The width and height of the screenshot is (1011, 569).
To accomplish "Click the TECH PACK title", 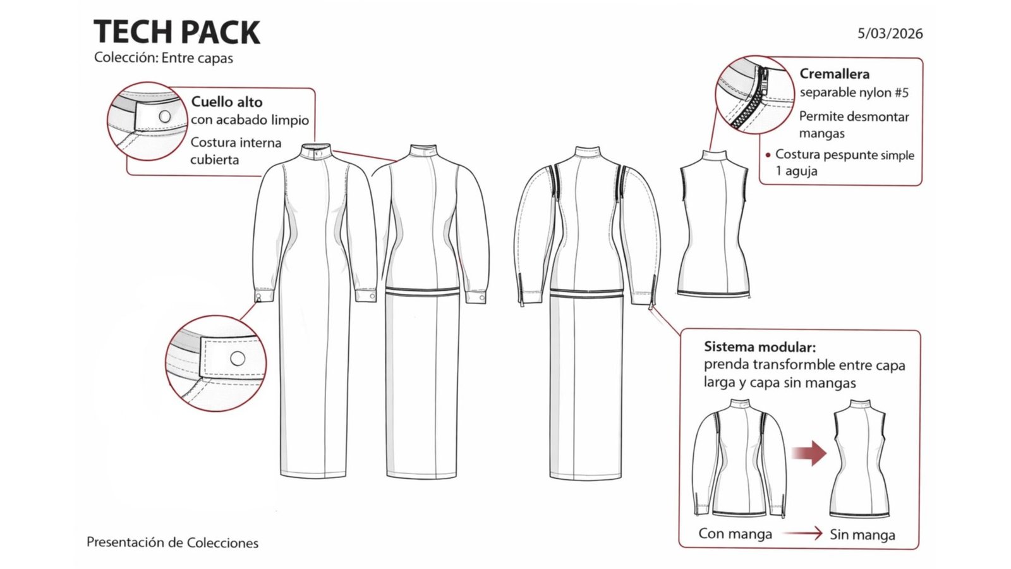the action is coord(176,32).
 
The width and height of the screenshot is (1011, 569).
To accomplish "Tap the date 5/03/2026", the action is coord(890,34).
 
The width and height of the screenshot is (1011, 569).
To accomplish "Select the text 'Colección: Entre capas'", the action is coord(164,58).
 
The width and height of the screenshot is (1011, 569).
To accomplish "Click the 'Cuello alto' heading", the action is coord(227,102).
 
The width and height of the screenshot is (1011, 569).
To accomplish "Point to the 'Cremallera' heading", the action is coord(835,73).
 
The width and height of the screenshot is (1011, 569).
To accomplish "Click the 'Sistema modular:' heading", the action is coord(760,347).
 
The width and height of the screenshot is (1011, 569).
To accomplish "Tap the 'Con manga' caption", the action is coord(736,534).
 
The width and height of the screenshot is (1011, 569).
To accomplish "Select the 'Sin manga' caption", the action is coord(863,535).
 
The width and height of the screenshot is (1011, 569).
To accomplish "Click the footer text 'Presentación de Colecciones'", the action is coord(173,542).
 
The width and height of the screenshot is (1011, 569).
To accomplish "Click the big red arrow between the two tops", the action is coord(809,453).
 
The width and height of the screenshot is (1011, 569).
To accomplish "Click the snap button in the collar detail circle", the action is coord(165,116).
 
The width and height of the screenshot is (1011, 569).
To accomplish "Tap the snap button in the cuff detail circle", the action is coord(238,358).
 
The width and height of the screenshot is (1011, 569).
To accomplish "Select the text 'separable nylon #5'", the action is coord(854,92).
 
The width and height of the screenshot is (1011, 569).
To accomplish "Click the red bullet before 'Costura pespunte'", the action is coord(768,156).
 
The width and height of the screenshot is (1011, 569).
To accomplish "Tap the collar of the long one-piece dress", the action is coord(317,152).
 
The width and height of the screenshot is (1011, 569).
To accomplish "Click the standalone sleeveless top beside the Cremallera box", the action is coord(714,224).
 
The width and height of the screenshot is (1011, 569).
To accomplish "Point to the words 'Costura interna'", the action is coord(236,143).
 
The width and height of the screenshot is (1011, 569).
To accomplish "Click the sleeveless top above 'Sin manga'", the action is coord(859,458).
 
